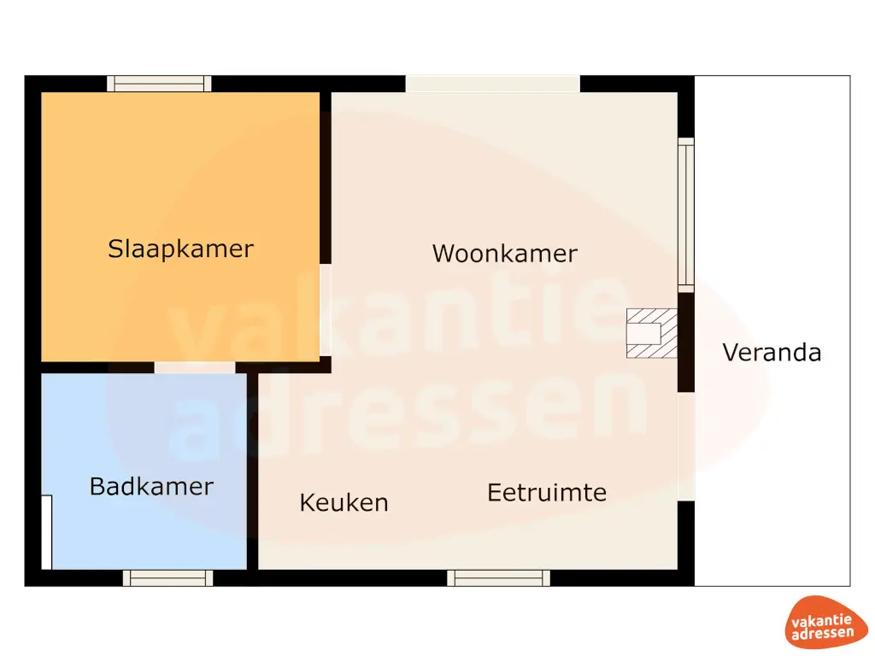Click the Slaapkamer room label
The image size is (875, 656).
(180, 249)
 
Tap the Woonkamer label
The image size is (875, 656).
(504, 254)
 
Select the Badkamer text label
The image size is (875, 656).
(151, 487)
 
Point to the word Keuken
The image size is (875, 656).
(344, 503)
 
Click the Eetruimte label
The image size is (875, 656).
(547, 493)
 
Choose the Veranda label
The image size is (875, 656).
(772, 352)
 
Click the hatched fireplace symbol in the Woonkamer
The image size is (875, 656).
(652, 333)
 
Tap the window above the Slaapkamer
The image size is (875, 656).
(159, 84)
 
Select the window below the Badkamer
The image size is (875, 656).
(167, 578)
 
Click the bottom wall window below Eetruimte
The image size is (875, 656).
(499, 578)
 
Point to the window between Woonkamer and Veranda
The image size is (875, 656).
(686, 215)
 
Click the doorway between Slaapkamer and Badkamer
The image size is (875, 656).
(195, 367)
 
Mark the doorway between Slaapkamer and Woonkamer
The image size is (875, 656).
(326, 309)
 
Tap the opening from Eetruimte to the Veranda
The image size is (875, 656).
(686, 447)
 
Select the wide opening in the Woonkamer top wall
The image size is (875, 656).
(492, 84)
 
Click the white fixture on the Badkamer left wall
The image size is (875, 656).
(47, 531)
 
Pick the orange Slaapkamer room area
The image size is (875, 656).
(180, 171)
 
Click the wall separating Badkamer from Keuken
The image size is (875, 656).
(252, 470)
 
